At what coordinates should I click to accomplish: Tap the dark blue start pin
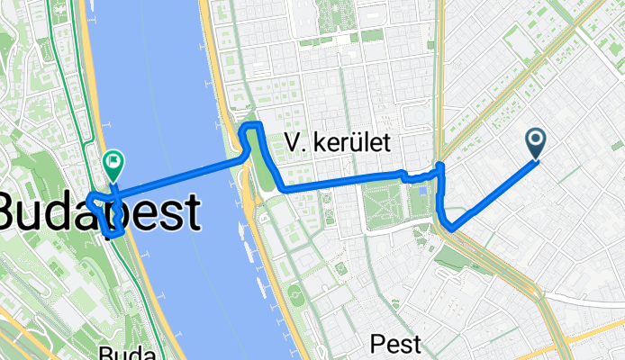pos(536,142)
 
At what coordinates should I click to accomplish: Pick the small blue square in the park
pos(423,192)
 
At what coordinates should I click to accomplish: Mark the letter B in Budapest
pos(9,214)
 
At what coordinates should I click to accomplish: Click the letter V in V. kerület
pos(291,141)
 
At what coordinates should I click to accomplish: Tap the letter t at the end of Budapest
pos(191,214)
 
